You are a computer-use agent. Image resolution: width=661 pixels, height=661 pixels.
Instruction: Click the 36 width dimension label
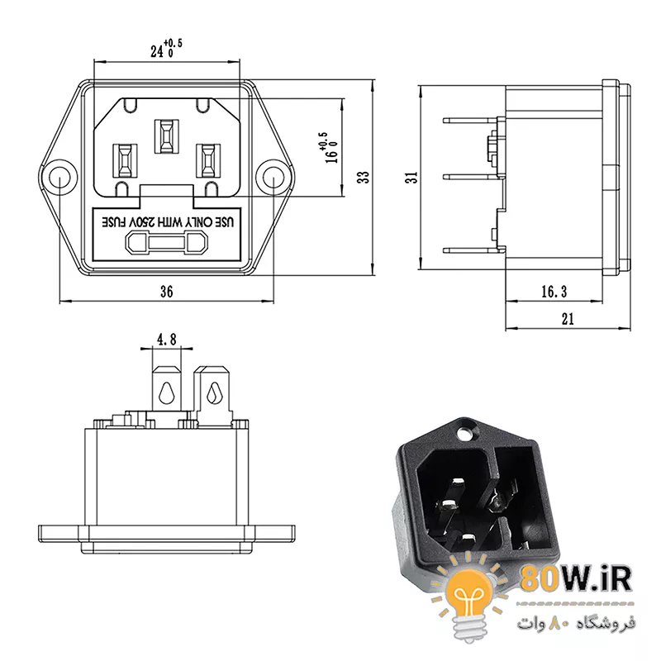(x=167, y=292)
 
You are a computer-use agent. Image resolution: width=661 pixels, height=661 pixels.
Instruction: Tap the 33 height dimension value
(x=363, y=177)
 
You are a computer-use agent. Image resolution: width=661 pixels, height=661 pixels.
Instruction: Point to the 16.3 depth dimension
(x=554, y=292)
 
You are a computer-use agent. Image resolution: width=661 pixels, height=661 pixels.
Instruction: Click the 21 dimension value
(x=568, y=319)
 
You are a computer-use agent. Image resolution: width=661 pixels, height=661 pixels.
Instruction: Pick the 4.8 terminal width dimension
(x=167, y=339)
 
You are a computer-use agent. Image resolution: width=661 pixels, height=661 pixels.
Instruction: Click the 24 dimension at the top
(x=167, y=49)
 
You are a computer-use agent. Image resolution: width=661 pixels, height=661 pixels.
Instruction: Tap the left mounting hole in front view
(x=59, y=178)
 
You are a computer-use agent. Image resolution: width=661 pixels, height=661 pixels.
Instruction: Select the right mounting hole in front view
(x=273, y=178)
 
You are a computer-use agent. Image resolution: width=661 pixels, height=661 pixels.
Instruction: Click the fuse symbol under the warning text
(x=167, y=244)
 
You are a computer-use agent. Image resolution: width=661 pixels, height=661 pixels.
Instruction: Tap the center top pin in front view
(x=167, y=136)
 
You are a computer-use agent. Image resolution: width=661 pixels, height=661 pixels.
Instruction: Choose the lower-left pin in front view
(x=125, y=160)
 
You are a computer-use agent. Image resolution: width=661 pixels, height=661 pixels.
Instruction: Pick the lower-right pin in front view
(x=208, y=160)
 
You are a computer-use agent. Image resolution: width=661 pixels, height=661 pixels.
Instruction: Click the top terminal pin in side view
(x=470, y=121)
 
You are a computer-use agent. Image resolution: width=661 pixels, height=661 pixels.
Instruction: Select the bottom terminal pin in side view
(x=470, y=250)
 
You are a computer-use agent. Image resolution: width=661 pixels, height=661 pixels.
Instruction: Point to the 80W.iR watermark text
(x=576, y=579)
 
